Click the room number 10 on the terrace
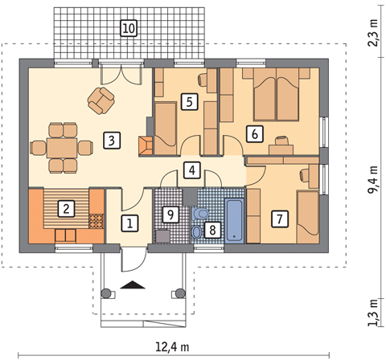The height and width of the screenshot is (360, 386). tap(129, 28)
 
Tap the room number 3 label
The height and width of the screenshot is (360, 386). tap(112, 141)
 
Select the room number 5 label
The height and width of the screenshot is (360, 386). tap(190, 102)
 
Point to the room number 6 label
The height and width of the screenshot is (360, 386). tap(255, 133)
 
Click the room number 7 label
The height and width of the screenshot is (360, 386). tap(280, 219)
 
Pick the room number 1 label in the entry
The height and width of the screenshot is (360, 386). tap(129, 223)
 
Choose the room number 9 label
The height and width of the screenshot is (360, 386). tap(170, 215)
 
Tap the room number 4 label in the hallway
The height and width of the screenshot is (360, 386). tap(192, 170)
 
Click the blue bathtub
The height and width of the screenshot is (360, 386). tap(234, 221)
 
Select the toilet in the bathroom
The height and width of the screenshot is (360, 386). tap(200, 214)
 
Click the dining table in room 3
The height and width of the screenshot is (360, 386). tap(62, 148)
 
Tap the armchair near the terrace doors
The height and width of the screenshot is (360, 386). tap(101, 100)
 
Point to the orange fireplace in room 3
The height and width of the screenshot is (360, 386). tap(146, 145)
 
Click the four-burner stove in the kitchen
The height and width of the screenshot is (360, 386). tap(96, 221)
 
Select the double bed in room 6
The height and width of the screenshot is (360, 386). tap(276, 94)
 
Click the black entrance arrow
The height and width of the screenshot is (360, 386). tap(133, 284)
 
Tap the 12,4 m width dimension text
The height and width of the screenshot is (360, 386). tap(172, 347)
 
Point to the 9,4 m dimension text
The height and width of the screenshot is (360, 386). tap(373, 180)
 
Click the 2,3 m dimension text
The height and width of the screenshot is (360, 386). tap(373, 32)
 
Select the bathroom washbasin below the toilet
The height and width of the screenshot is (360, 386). tap(197, 232)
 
